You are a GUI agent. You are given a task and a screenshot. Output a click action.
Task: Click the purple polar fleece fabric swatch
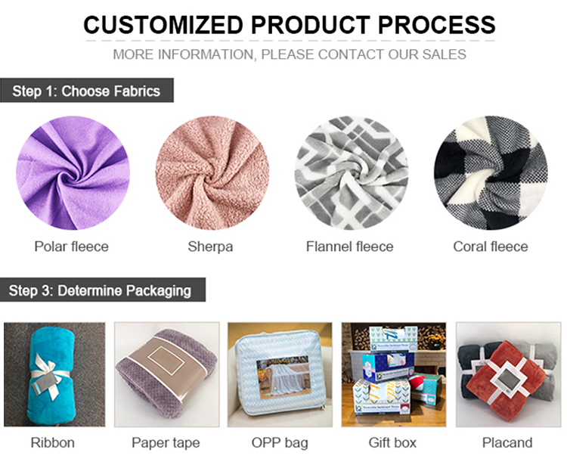73,173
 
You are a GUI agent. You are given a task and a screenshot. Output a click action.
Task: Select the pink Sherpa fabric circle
212,173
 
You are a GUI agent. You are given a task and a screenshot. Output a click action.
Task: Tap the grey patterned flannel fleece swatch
352,173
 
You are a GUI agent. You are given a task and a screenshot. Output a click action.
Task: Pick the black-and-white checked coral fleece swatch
491,173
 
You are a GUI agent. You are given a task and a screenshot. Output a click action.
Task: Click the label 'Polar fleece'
72,247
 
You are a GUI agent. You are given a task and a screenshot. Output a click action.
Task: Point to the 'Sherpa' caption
210,247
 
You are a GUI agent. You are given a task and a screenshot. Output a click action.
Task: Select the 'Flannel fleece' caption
350,247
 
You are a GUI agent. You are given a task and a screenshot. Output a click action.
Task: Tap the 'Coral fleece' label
491,247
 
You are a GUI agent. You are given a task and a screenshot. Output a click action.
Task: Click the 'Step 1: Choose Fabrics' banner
87,91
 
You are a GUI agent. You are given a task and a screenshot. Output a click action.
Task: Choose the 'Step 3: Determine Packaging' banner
103,290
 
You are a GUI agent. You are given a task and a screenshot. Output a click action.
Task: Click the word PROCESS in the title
436,25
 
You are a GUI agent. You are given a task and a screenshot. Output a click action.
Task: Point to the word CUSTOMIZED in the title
163,25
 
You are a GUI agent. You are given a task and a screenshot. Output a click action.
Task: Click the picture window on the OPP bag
283,376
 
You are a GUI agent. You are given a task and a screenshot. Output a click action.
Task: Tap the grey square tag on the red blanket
507,380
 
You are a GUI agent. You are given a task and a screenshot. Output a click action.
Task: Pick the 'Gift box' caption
392,443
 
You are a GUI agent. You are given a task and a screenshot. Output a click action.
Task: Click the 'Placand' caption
507,443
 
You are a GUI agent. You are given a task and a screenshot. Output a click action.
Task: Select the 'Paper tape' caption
166,443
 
